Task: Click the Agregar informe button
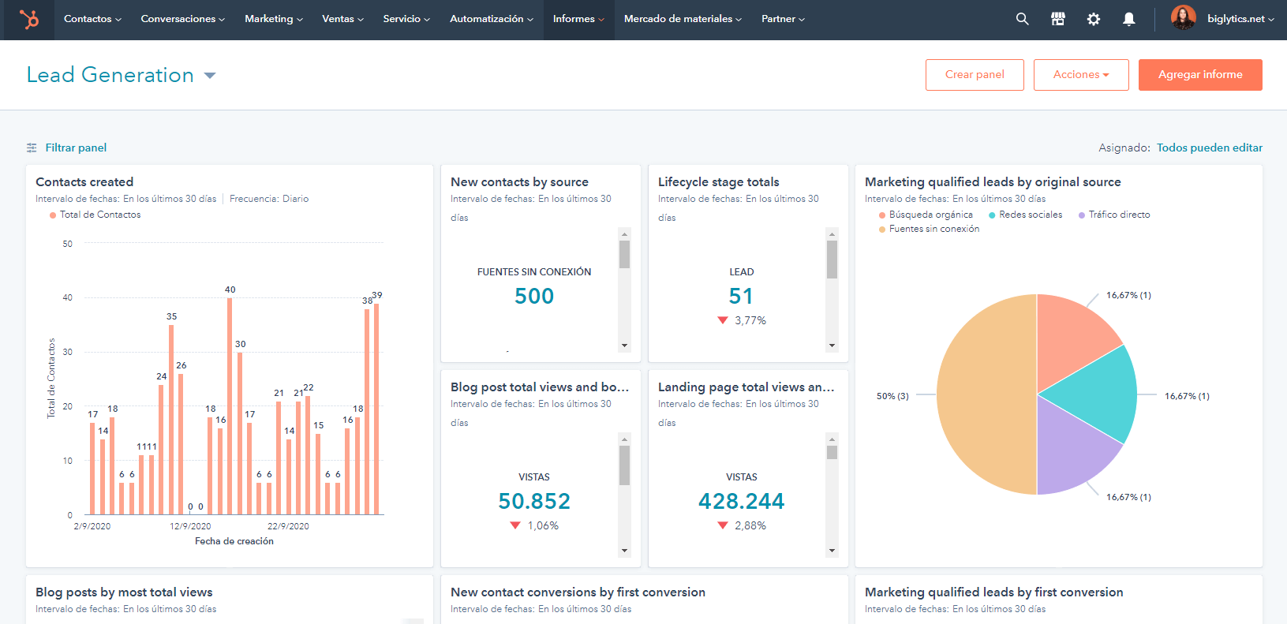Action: [1199, 75]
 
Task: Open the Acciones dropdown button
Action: [1080, 75]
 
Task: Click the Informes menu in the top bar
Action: [578, 19]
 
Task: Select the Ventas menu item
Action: [342, 19]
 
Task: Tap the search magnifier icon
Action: [1022, 19]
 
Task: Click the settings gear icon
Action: [1093, 19]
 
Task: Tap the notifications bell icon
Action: [1128, 19]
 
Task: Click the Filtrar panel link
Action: [75, 148]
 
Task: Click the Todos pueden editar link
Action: [1209, 148]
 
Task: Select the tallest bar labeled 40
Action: [230, 406]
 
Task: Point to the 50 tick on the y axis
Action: [68, 244]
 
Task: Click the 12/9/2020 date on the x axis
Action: [190, 526]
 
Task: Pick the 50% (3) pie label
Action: [892, 396]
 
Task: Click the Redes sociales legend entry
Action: [1030, 215]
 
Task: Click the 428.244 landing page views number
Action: [741, 501]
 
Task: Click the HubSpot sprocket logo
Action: [29, 19]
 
